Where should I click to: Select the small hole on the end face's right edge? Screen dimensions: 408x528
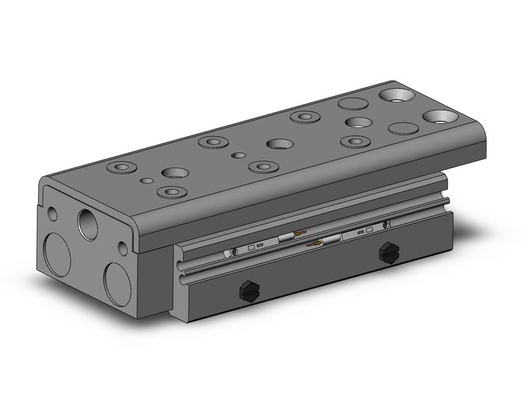pos(123,247)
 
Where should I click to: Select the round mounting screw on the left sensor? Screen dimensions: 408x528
pos(235,251)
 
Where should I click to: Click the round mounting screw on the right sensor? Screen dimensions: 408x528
pos(386,225)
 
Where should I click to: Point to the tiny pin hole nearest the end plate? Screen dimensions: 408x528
pos(147,181)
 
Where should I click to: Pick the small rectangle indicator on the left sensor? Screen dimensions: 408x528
pos(250,246)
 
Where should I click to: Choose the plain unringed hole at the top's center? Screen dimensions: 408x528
pos(279,145)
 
